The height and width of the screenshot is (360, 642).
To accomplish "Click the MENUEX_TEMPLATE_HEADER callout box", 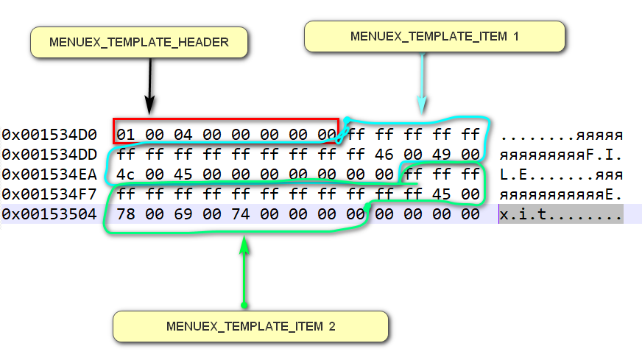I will pyautogui.click(x=138, y=42).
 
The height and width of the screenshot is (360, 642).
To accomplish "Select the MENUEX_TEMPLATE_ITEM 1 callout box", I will pyautogui.click(x=434, y=36).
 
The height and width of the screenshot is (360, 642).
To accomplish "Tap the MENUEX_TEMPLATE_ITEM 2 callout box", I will pyautogui.click(x=250, y=326).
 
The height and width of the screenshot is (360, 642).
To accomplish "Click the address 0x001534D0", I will pyautogui.click(x=49, y=135).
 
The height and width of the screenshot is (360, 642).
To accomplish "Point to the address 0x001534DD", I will pyautogui.click(x=49, y=155).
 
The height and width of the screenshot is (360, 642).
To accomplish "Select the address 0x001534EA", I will pyautogui.click(x=49, y=175).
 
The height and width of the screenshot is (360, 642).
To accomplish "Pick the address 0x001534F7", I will pyautogui.click(x=49, y=195).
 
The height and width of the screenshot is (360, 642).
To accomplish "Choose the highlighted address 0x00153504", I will pyautogui.click(x=49, y=215).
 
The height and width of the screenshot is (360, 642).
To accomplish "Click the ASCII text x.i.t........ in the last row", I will pyautogui.click(x=560, y=215).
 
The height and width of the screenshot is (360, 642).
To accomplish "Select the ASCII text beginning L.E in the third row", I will pyautogui.click(x=560, y=175).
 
